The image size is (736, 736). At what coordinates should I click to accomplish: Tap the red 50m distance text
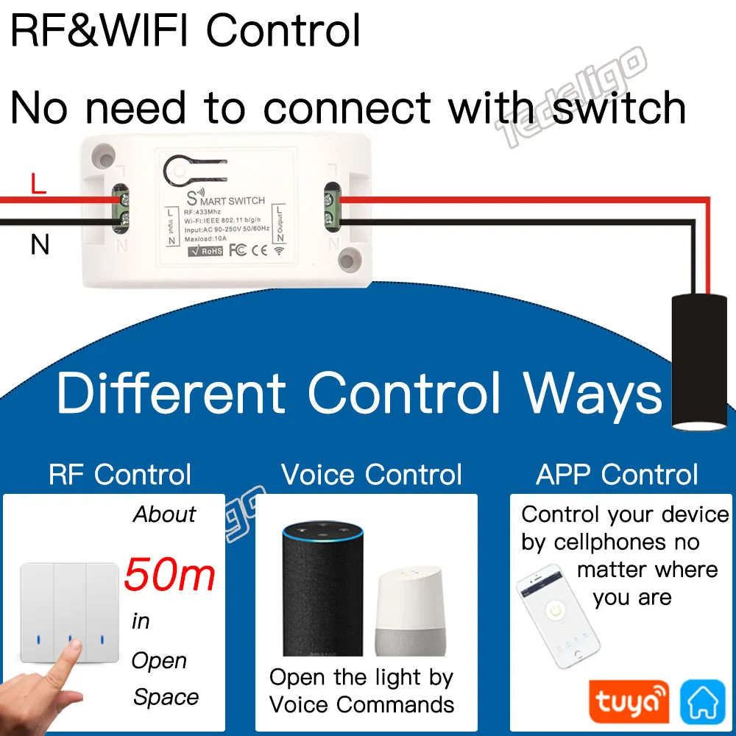(169, 575)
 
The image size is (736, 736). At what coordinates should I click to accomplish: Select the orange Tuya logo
(629, 701)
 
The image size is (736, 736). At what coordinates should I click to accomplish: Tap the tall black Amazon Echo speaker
(323, 589)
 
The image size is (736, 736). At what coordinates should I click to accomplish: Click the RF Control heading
(120, 475)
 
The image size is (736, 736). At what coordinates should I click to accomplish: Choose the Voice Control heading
(372, 475)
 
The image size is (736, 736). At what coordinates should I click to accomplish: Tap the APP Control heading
(617, 475)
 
